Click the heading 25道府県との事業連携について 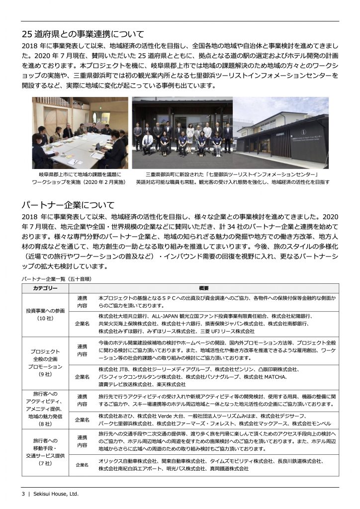83,34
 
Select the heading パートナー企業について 68,205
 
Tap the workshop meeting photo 80,133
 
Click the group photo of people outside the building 182,133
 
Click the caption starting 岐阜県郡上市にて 80,175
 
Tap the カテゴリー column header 45,288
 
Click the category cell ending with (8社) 45,409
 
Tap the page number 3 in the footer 23,494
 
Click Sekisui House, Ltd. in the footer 56,494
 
